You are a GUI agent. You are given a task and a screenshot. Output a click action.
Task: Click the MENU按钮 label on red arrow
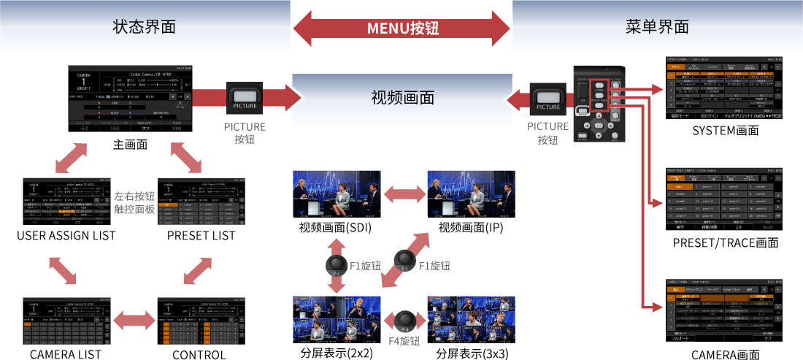click(402, 29)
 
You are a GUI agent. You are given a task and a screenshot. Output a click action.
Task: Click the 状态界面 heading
click(145, 27)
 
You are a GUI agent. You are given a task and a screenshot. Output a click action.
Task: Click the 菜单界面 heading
click(658, 27)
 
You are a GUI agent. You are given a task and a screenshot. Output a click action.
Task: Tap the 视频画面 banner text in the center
click(402, 97)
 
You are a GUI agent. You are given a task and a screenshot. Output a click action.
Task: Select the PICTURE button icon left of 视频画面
click(245, 98)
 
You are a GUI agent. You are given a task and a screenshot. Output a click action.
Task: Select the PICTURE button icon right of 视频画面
click(547, 98)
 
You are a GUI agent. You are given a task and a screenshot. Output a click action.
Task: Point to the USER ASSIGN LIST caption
click(66, 235)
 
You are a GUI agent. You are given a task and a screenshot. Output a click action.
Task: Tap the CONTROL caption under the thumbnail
click(199, 355)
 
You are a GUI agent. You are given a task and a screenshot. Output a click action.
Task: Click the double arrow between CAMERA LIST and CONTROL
click(134, 318)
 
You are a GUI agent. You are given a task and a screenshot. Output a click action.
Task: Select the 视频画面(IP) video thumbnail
click(471, 194)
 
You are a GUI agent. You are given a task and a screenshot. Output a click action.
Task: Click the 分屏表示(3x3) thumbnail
click(471, 319)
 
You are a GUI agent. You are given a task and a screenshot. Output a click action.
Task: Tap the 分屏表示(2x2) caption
click(337, 353)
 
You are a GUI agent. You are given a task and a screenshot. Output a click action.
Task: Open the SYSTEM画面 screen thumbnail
click(725, 87)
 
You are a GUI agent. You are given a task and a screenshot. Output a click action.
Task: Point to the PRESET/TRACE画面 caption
click(725, 242)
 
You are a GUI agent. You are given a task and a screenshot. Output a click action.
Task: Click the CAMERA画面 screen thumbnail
click(725, 310)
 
